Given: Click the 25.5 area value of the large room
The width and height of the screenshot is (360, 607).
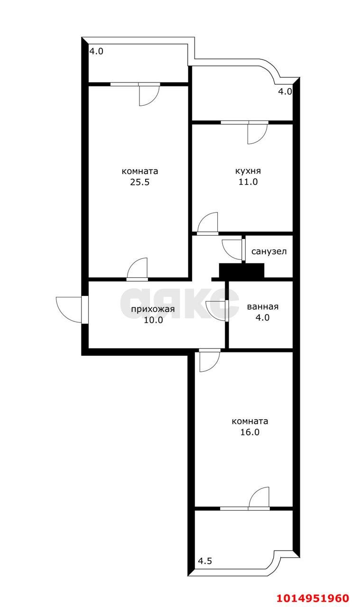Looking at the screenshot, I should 139,182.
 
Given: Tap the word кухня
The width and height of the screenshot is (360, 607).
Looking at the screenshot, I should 248,171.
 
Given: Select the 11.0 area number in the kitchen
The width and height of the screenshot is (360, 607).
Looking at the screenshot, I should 248,182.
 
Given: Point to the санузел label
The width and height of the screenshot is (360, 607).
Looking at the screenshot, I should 268,252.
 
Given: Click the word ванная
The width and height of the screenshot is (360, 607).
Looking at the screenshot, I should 262,307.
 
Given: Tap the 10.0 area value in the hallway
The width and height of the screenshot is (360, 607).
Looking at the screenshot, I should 153,320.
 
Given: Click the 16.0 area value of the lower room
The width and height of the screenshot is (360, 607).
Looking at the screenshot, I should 250,432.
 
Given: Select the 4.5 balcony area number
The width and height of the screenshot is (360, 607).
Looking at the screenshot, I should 205,561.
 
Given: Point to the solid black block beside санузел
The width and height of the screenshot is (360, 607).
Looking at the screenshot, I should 241,271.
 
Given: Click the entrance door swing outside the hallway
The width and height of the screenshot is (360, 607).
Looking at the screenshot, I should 69,309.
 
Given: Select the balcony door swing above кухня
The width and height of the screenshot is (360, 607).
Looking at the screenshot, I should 257,133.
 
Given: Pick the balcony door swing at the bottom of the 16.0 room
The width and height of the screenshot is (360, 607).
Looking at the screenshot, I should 259,498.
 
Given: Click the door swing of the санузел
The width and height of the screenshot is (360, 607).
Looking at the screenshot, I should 231,249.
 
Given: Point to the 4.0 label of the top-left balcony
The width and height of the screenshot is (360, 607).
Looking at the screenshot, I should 96,51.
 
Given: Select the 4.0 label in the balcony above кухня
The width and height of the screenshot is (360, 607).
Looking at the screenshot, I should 285,92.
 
